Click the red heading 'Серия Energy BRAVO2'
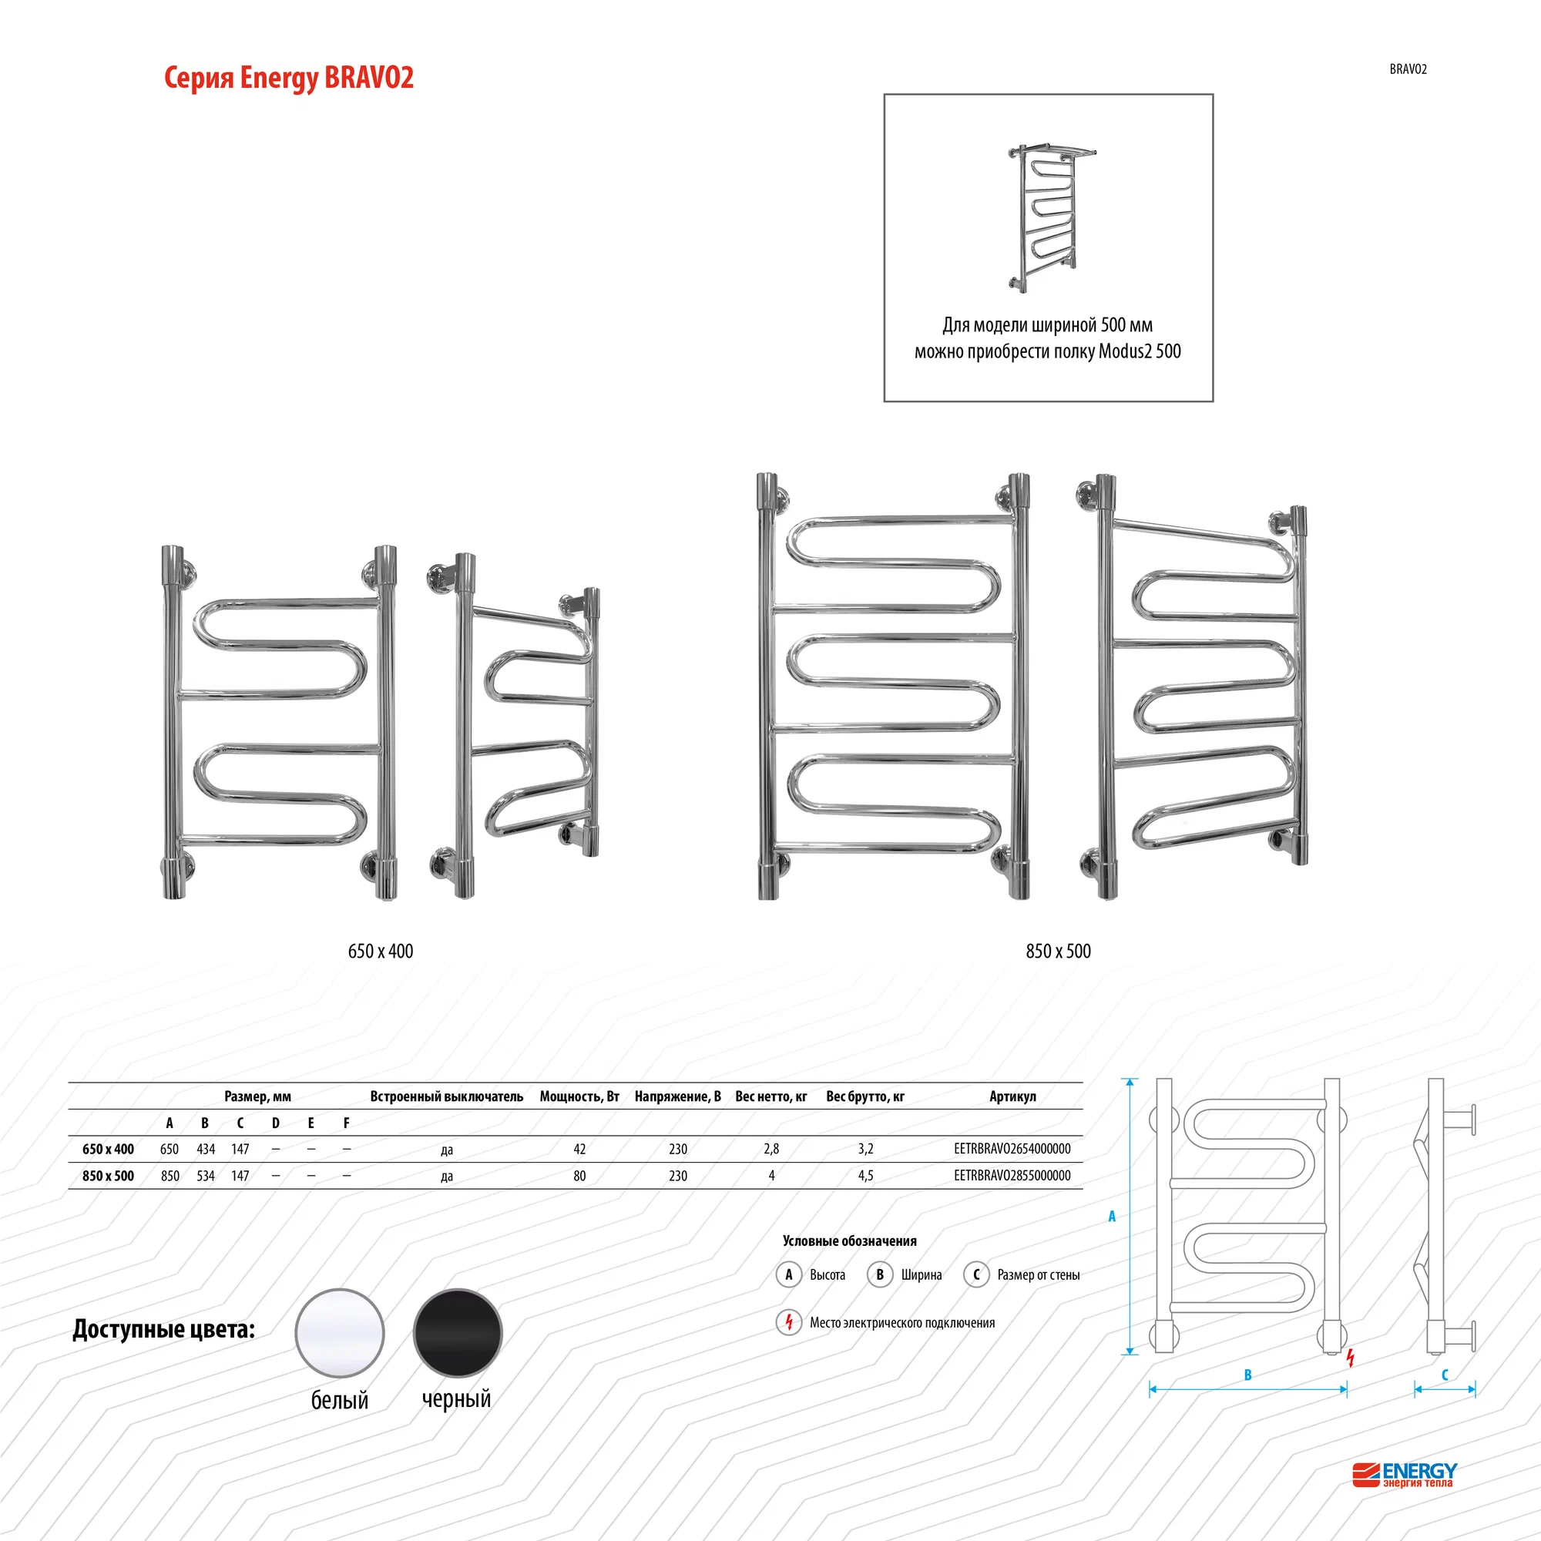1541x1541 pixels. pos(289,78)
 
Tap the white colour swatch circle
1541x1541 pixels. pos(340,1333)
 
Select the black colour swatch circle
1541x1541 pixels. pos(458,1333)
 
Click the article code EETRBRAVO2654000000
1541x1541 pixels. pos(1012,1149)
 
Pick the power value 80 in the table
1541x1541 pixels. pos(580,1176)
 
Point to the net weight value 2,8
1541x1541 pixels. pos(771,1149)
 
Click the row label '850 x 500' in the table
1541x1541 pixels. pos(109,1176)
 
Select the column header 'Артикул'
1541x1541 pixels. pos(1013,1096)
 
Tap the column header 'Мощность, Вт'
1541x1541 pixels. pos(580,1096)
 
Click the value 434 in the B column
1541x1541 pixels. pos(206,1149)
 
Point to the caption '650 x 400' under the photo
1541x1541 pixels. pos(381,951)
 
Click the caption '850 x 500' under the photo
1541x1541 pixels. pos(1059,951)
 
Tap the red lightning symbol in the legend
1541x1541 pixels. pos(789,1322)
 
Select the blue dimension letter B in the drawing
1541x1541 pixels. pos(1248,1375)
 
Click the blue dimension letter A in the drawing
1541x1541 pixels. pos(1112,1217)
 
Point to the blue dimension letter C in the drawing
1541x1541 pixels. pos(1445,1375)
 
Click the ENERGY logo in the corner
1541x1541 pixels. pos(1405,1475)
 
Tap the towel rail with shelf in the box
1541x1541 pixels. pos(1051,218)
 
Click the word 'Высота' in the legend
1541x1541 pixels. pos(827,1274)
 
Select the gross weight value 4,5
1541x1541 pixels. pos(865,1176)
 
